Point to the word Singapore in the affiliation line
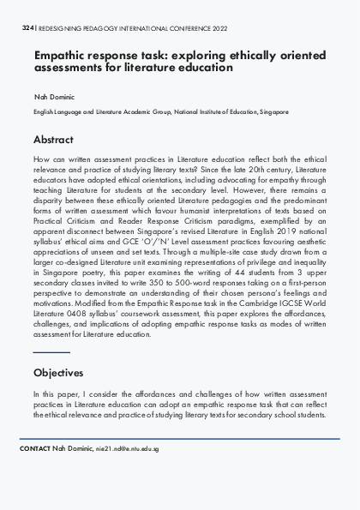pyautogui.click(x=272, y=111)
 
